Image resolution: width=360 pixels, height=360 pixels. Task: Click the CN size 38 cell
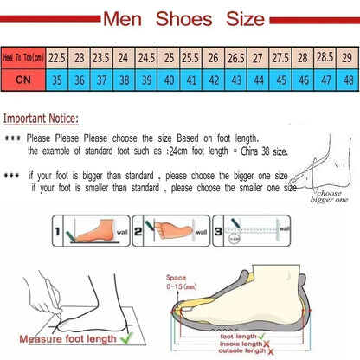124,77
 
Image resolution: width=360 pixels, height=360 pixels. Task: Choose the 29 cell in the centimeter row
346,56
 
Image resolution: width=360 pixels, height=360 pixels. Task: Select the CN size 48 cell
346,77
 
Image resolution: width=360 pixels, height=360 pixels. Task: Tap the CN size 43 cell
235,77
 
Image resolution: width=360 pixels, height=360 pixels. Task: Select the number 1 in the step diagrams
58,232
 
